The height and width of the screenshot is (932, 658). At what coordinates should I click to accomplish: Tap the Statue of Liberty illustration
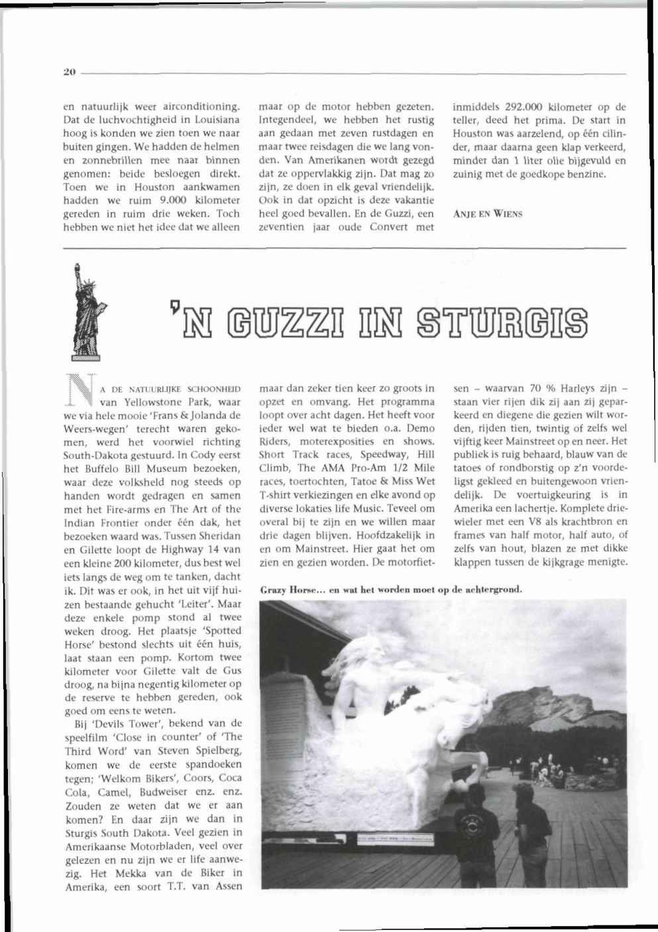86,308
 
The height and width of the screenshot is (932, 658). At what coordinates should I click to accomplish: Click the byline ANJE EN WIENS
488,213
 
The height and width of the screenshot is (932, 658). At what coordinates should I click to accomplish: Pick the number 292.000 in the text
527,107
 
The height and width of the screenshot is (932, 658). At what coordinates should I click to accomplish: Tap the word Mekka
134,872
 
